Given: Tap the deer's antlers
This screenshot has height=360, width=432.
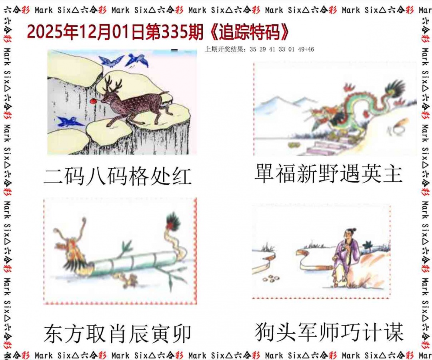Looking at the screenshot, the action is (112, 84).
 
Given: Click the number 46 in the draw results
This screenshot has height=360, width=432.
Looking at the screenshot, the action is (311, 50).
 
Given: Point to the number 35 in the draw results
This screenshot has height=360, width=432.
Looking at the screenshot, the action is (253, 50).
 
